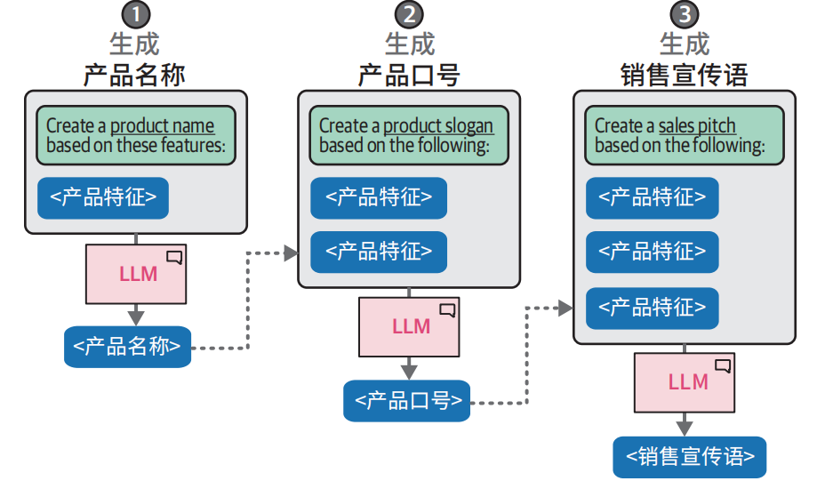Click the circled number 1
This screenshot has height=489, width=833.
pyautogui.click(x=135, y=14)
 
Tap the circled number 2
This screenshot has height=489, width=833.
pyautogui.click(x=409, y=14)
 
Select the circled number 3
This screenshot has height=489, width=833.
pyautogui.click(x=684, y=14)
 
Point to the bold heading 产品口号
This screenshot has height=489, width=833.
pyautogui.click(x=409, y=75)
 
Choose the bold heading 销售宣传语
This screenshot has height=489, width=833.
pyautogui.click(x=684, y=75)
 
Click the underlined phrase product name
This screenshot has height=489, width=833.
pyautogui.click(x=162, y=126)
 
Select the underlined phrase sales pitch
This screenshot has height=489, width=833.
pyautogui.click(x=697, y=126)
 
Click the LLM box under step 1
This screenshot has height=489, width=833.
pyautogui.click(x=137, y=274)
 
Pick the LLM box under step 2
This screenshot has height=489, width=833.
pyautogui.click(x=411, y=326)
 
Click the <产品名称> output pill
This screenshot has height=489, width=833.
pyautogui.click(x=127, y=347)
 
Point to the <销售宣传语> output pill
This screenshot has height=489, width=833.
pyautogui.click(x=690, y=457)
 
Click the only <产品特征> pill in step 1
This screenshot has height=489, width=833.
pyautogui.click(x=103, y=197)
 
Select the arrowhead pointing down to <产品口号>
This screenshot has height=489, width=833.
pyautogui.click(x=409, y=369)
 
